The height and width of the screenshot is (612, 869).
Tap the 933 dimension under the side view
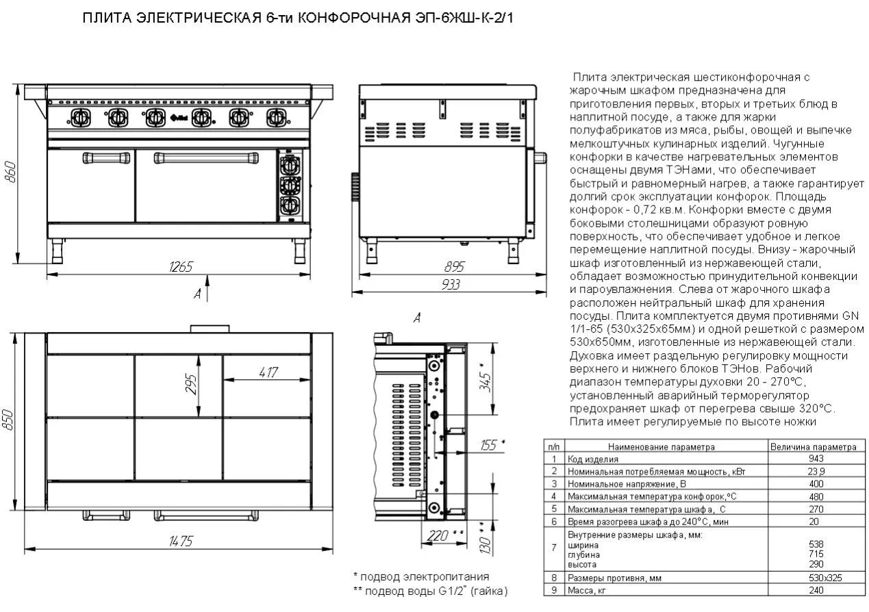coord(450,285)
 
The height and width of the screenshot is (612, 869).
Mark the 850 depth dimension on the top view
coord(9,419)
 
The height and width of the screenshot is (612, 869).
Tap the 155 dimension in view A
coord(489,446)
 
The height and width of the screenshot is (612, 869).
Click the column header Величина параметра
coord(813,447)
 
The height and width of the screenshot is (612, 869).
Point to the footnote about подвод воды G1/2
coord(430,591)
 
